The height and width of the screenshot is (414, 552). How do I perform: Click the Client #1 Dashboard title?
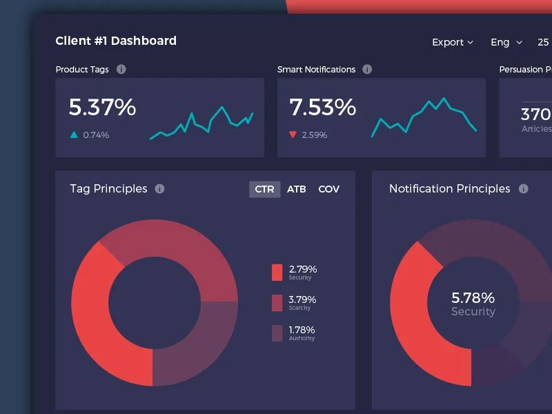[116, 41]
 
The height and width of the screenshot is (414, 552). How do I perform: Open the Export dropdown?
[453, 42]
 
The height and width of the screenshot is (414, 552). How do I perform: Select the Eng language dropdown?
[506, 42]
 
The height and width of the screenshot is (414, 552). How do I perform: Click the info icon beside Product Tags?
[121, 69]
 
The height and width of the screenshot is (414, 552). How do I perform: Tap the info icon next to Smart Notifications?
[367, 69]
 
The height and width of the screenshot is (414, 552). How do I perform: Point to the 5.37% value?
[102, 108]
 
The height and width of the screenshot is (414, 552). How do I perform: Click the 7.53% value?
[322, 108]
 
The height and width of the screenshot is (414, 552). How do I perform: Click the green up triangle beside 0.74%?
[74, 135]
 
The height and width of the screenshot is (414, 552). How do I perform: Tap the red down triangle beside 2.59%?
[293, 135]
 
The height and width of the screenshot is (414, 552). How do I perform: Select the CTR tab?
[264, 189]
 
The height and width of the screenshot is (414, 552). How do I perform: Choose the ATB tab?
[297, 189]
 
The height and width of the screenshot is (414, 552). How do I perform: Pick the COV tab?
[328, 189]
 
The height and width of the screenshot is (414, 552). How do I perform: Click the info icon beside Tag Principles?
[159, 188]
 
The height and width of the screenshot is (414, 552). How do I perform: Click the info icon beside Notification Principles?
[523, 188]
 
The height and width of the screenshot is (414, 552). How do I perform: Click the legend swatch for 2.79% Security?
[277, 272]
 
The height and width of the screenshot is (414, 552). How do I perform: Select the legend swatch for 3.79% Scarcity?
[277, 303]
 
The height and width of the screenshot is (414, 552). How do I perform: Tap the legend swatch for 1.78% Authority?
[277, 333]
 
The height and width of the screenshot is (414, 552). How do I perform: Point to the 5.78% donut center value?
[473, 298]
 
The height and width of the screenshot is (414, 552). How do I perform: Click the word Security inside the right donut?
[473, 312]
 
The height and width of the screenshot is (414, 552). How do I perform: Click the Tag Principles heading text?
[108, 188]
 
